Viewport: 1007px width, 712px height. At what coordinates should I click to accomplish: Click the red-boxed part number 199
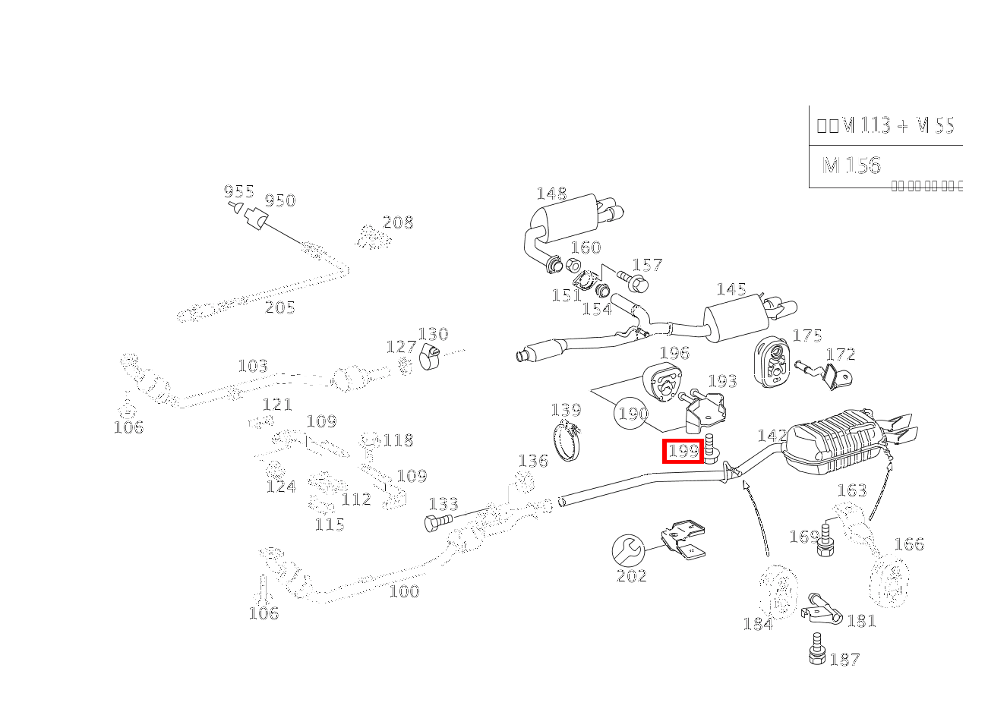pyautogui.click(x=683, y=451)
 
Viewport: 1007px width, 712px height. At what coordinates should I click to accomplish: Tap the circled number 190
pyautogui.click(x=632, y=414)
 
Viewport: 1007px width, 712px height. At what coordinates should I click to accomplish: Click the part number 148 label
pyautogui.click(x=551, y=194)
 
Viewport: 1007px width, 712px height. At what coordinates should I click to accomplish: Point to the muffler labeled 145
pyautogui.click(x=735, y=319)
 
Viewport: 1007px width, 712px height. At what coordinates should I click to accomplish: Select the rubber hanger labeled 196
pyautogui.click(x=661, y=382)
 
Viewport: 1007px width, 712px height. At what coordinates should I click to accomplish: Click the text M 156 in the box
pyautogui.click(x=851, y=165)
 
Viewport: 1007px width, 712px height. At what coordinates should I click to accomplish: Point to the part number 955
pyautogui.click(x=238, y=191)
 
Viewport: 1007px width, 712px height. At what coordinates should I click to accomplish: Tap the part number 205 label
pyautogui.click(x=279, y=307)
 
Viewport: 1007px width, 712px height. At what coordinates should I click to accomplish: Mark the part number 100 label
pyautogui.click(x=404, y=591)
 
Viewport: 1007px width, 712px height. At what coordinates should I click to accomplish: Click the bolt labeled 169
pyautogui.click(x=825, y=543)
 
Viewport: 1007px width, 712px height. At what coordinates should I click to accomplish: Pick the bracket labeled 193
pyautogui.click(x=706, y=410)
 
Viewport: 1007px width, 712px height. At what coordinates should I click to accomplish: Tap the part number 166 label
pyautogui.click(x=909, y=543)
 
